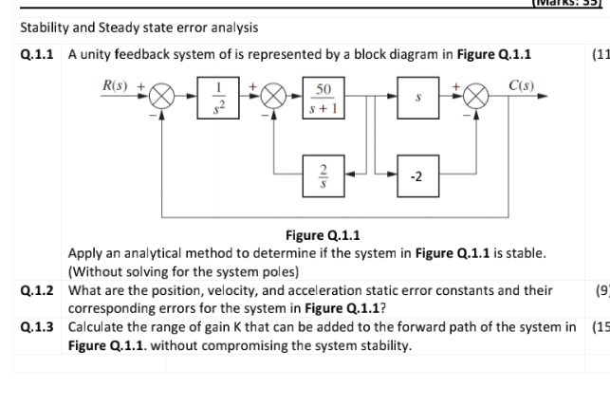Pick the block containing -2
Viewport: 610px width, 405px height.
pos(418,175)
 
